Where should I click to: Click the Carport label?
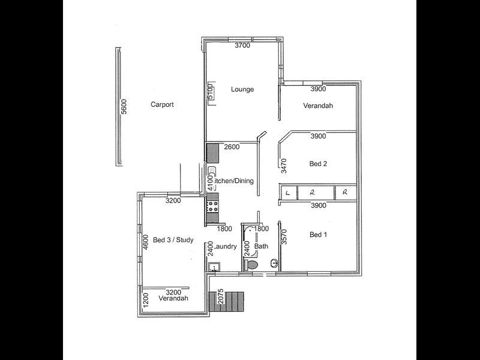162,104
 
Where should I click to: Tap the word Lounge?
242,89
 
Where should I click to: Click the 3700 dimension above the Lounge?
242,46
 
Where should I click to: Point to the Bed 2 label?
317,163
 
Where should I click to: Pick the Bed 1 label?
317,235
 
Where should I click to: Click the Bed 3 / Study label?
173,240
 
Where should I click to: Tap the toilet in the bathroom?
252,264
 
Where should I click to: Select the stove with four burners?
213,208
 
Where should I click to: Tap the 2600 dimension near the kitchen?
232,147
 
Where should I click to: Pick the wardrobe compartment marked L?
289,193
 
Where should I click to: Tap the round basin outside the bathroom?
274,262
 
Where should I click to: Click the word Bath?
261,247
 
